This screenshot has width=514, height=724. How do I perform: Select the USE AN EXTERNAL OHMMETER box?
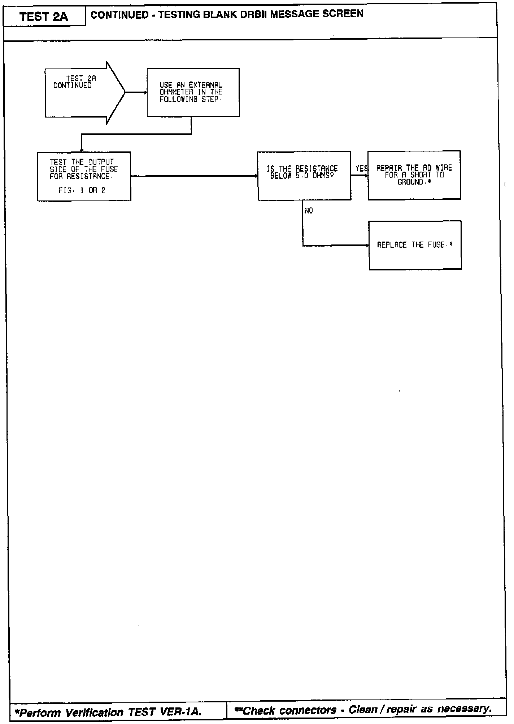click(x=193, y=92)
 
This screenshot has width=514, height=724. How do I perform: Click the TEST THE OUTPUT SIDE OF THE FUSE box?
click(x=84, y=176)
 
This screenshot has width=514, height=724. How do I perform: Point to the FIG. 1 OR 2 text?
click(x=82, y=190)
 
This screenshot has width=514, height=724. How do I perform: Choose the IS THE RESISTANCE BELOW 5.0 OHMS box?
click(x=304, y=176)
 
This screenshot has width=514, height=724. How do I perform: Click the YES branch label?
click(x=361, y=168)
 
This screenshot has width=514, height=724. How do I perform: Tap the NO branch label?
click(x=309, y=211)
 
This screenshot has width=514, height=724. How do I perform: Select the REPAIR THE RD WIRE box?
click(x=414, y=175)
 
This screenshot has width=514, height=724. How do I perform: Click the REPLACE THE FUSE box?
click(x=415, y=245)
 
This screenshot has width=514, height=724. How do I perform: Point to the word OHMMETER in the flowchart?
click(x=177, y=92)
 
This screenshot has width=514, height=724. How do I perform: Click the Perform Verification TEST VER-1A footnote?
click(x=108, y=712)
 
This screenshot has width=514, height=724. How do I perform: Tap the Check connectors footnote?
click(x=363, y=710)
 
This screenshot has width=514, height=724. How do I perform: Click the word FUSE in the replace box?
click(x=436, y=245)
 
